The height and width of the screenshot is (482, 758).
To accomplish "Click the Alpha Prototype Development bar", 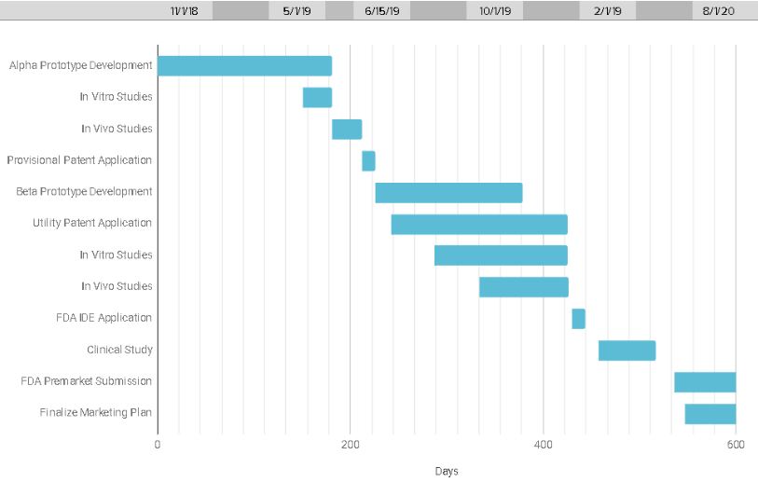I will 244,66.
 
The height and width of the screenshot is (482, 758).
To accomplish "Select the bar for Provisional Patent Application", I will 368,160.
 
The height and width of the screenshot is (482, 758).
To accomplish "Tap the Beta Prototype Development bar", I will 448,192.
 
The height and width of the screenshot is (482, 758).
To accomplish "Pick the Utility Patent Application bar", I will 479,224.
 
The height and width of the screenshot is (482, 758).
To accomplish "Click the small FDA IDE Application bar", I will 578,319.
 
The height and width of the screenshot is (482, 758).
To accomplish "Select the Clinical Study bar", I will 627,351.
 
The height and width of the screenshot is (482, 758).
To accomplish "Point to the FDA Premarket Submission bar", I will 705,382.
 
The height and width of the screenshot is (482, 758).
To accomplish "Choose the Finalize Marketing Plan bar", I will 710,414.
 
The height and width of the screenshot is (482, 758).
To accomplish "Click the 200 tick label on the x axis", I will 351,445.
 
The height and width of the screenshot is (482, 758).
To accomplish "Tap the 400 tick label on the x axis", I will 544,445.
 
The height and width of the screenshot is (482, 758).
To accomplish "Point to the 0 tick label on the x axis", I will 158,445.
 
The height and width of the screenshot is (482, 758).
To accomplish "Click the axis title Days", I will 447,471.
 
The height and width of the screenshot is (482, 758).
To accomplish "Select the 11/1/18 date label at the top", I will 185,11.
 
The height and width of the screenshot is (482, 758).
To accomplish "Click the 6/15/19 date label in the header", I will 381,11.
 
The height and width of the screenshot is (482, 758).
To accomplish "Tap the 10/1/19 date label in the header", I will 494,11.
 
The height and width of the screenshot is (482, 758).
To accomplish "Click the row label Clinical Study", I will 119,351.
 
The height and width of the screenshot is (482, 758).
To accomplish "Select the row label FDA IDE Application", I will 103,318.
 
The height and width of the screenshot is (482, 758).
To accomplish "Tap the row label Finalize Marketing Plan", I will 95,413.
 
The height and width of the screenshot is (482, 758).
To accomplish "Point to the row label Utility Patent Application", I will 92,224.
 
